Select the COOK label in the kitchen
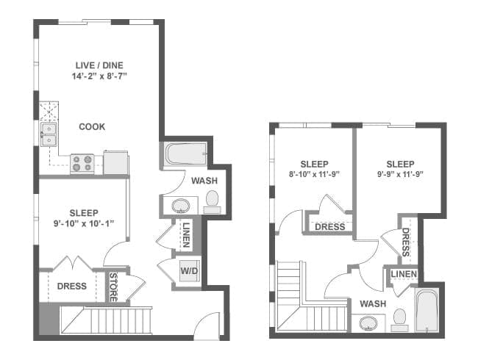[x=92, y=126]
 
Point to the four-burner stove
[x=82, y=163]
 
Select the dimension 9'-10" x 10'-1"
[x=82, y=223]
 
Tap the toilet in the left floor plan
[x=212, y=199]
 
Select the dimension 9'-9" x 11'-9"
[x=399, y=175]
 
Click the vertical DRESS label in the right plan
[x=406, y=242]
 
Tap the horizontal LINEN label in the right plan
[x=403, y=275]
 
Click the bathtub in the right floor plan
[x=427, y=312]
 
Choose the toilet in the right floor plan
[x=400, y=317]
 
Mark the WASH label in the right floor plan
[x=374, y=303]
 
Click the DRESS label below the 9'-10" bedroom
[x=71, y=286]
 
